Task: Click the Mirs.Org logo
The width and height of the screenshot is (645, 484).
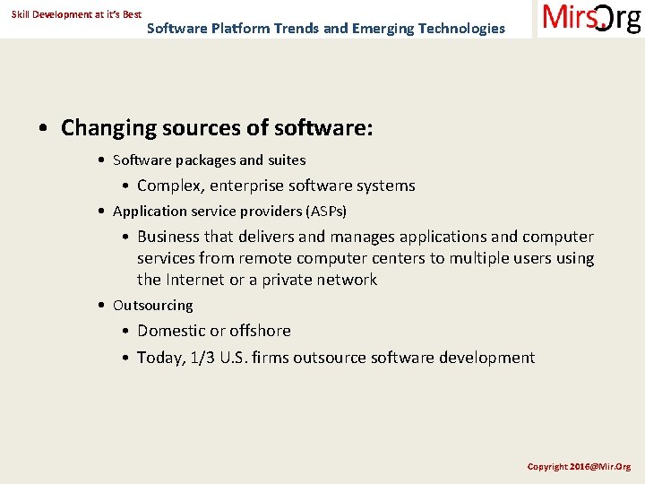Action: coord(591,19)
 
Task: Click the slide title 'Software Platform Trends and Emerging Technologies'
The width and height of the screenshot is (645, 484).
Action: coord(325,28)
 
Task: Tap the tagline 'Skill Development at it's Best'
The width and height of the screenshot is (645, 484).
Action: coord(76,14)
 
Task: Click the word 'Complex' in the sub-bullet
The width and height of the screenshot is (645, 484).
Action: coord(168,186)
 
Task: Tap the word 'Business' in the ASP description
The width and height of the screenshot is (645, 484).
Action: coord(168,237)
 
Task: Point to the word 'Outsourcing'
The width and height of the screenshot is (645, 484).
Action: coord(152,306)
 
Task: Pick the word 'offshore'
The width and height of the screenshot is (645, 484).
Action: coord(260,331)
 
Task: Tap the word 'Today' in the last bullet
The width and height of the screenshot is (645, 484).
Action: coord(159,358)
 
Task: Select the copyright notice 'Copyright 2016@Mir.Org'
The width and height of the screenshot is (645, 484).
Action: coord(579,466)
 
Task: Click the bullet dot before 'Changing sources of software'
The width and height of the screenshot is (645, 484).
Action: coord(44,128)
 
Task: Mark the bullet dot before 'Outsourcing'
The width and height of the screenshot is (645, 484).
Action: coord(103,306)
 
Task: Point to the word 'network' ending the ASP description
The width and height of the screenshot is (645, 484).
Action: coord(347,280)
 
